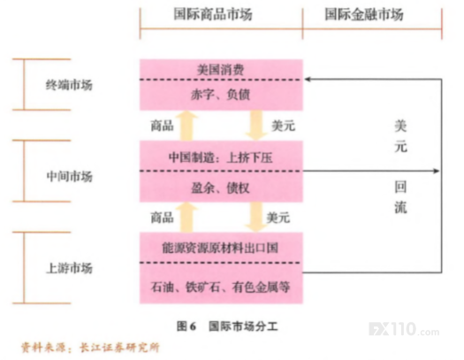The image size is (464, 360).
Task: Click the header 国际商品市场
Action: click(x=213, y=14)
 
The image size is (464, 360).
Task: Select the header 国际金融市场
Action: click(x=364, y=14)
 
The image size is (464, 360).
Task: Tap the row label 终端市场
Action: click(x=69, y=85)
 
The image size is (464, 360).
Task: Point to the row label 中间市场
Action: click(x=69, y=176)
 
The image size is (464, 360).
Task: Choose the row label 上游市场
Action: click(x=69, y=268)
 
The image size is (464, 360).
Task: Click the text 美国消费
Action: click(x=221, y=70)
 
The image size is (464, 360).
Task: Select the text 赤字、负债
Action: click(x=220, y=95)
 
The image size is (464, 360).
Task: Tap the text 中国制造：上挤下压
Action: click(x=220, y=157)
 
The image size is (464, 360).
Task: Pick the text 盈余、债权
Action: click(x=220, y=188)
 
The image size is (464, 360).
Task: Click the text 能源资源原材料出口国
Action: click(x=220, y=248)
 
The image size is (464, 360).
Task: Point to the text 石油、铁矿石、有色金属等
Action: click(x=220, y=287)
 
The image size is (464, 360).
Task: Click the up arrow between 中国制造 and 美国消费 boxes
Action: click(x=187, y=126)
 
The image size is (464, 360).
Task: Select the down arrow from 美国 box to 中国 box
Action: click(x=256, y=126)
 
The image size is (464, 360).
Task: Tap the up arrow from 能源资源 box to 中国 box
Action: click(x=187, y=218)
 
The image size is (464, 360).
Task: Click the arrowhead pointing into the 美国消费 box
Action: click(x=308, y=80)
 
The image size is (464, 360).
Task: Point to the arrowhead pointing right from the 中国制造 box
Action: click(x=437, y=171)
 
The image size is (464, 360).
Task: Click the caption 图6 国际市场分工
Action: click(x=227, y=326)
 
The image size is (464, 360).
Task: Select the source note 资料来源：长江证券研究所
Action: click(x=90, y=348)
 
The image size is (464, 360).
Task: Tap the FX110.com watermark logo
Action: click(x=404, y=329)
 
